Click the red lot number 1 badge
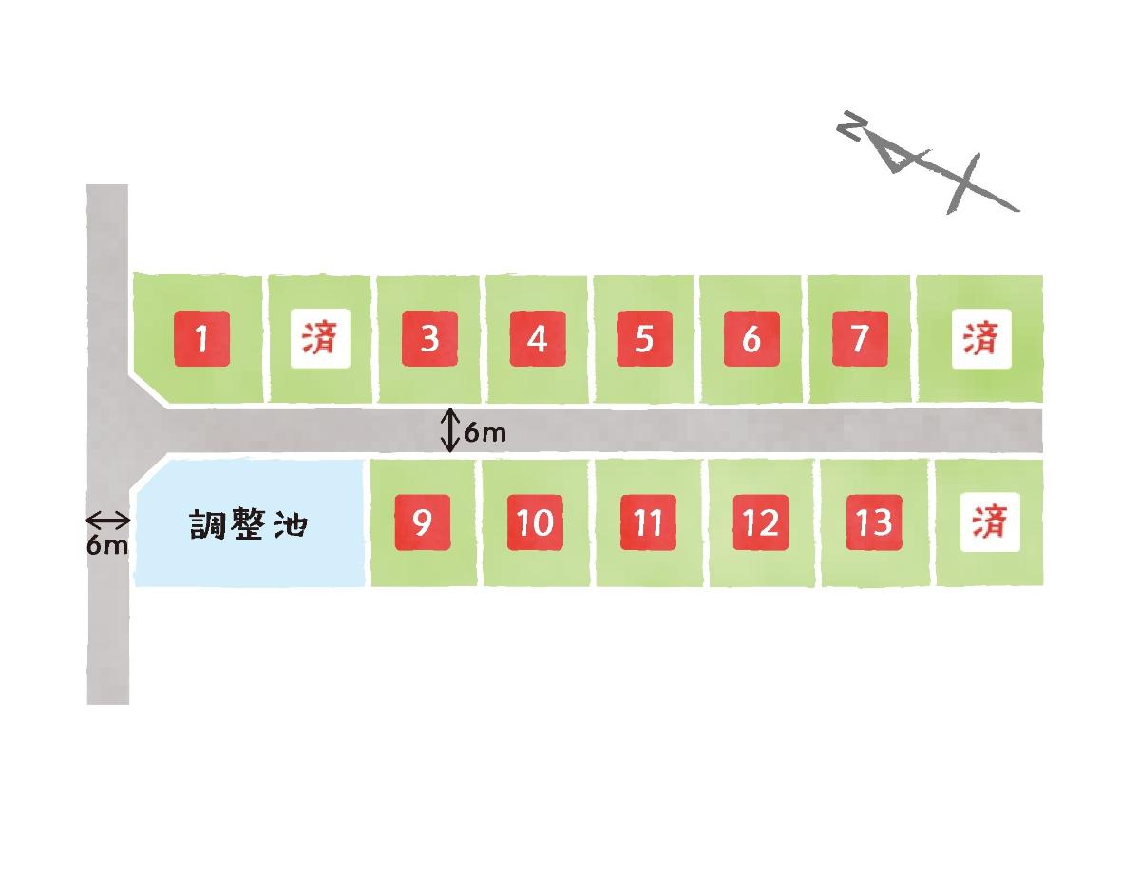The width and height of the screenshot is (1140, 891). click(x=202, y=339)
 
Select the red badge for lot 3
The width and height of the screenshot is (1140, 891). click(x=429, y=339)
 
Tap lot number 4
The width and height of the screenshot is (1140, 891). click(x=538, y=339)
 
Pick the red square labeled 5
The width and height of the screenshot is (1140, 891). click(x=644, y=339)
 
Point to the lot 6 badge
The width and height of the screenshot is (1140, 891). click(x=751, y=339)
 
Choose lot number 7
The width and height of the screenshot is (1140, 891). click(x=860, y=339)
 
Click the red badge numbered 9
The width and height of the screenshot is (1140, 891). click(x=423, y=522)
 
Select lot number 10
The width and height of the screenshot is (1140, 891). click(x=535, y=522)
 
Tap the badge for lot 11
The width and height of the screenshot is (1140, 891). click(x=648, y=522)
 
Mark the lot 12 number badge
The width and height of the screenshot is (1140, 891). click(x=761, y=522)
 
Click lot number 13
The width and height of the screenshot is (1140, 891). click(x=874, y=522)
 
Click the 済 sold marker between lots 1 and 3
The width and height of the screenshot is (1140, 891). click(x=320, y=339)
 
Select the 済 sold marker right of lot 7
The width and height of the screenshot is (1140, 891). click(x=981, y=339)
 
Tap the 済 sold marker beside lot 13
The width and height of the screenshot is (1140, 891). click(x=990, y=522)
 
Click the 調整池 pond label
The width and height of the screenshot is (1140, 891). click(x=248, y=524)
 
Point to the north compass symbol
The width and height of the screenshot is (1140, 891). click(x=927, y=162)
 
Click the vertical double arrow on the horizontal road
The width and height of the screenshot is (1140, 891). click(x=450, y=430)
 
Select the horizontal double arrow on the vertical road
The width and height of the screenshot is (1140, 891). click(x=107, y=521)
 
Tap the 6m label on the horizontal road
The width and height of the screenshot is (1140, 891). click(x=485, y=433)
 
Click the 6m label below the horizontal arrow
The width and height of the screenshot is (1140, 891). click(x=107, y=546)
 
